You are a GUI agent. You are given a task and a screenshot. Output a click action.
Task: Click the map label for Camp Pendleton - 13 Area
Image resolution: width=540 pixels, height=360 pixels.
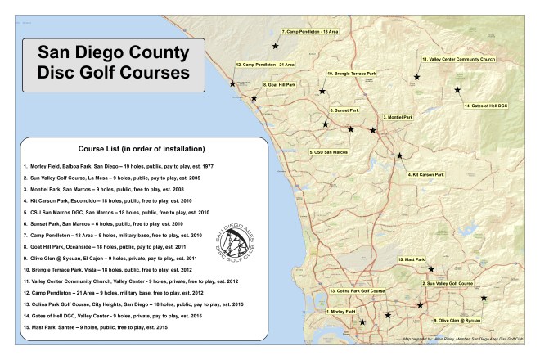pos(310,31)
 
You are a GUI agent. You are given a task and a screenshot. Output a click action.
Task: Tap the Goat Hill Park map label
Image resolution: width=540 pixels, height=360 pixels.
pos(280,84)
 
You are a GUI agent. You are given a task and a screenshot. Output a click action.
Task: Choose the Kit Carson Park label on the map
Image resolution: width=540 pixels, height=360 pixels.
pos(426,174)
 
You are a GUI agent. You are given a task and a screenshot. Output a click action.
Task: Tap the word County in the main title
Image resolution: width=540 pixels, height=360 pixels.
pos(153,54)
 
